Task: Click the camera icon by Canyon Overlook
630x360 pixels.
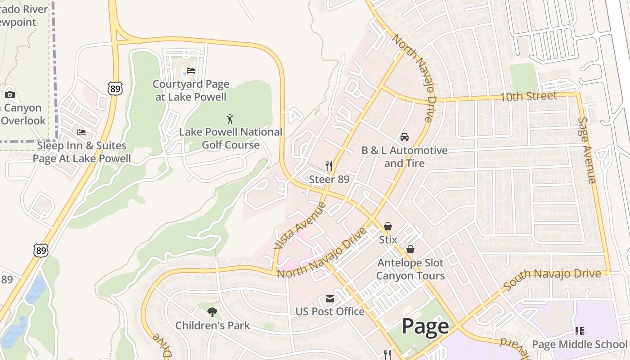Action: pos(9,94)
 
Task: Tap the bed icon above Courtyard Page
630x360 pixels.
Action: pos(191,71)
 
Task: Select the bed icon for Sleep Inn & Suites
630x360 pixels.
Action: pos(81,132)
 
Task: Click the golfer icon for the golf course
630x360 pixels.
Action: pos(230,119)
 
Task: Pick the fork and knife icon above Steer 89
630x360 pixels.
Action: pos(329,166)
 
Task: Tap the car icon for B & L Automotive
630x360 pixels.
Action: pos(405,137)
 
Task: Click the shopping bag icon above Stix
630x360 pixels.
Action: pos(387,226)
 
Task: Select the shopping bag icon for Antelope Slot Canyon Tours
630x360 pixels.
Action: pos(410,249)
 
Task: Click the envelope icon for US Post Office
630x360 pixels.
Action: pos(330,299)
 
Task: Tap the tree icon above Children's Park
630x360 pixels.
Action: pos(212,312)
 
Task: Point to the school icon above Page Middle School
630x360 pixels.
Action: pos(580,332)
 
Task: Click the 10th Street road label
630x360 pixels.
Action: pos(529,96)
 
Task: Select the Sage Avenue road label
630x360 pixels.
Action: pos(587,150)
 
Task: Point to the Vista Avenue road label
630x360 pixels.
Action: pos(299,226)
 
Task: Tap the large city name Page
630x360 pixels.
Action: pos(425,326)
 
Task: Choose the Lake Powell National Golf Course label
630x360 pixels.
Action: pos(230,138)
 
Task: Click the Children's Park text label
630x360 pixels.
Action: pos(212,325)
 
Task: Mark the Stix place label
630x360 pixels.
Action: pos(388,239)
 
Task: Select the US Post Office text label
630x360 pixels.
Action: pos(330,311)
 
